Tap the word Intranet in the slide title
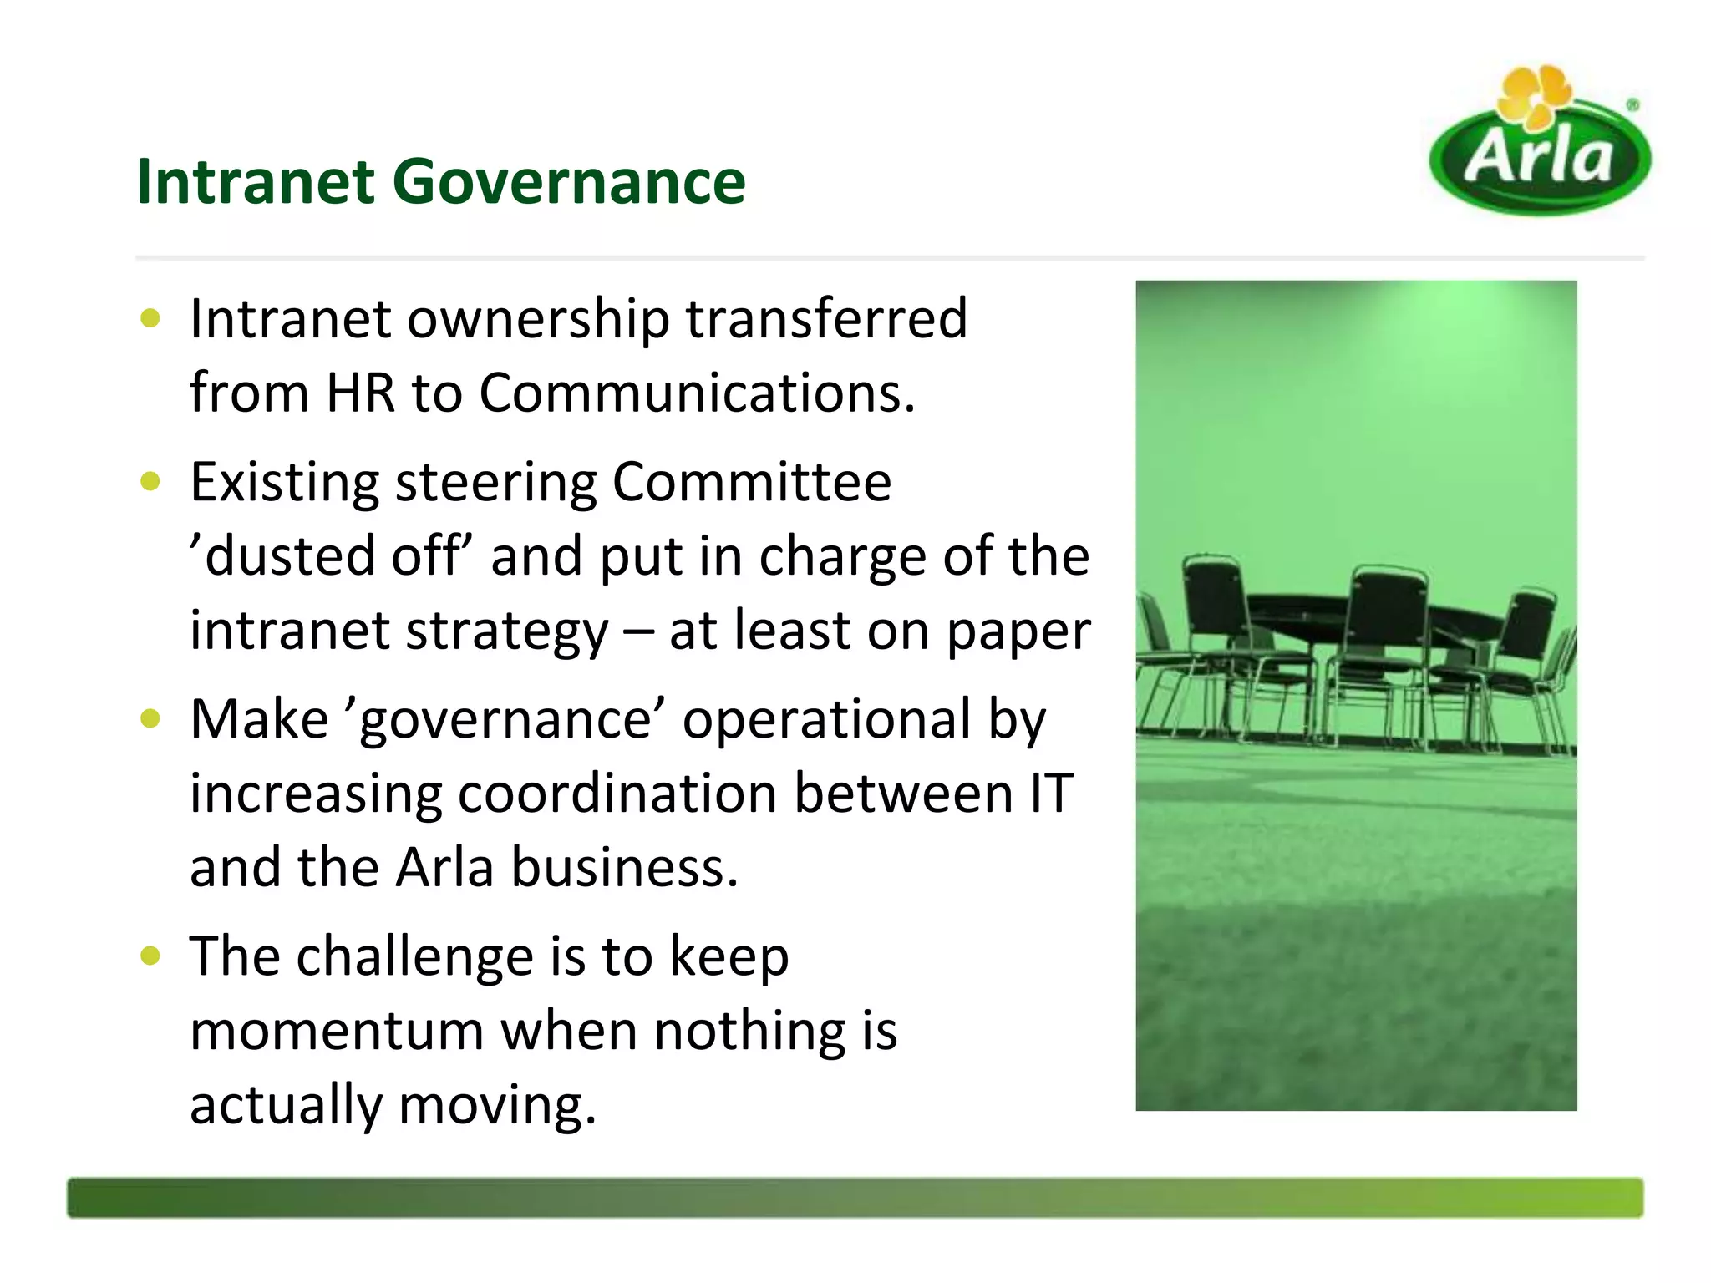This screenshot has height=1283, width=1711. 256,182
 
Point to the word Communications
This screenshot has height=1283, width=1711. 696,393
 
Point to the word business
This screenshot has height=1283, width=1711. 624,867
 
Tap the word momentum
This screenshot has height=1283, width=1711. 337,1031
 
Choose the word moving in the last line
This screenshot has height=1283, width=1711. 497,1105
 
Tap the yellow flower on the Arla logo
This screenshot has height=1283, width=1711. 1534,96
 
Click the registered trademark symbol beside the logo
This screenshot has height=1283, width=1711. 1632,105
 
